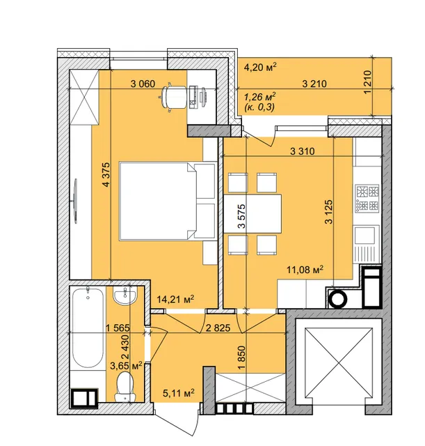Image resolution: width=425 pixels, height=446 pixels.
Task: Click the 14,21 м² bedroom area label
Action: click(x=176, y=299)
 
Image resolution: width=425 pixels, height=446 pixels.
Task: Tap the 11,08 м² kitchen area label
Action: click(x=305, y=269)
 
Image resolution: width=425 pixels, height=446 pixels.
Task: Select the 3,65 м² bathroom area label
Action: click(x=126, y=365)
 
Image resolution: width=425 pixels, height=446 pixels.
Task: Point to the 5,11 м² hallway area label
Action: click(x=179, y=393)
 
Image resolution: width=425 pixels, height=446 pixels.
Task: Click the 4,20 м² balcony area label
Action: click(x=260, y=68)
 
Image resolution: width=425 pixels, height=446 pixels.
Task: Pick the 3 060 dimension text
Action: click(x=143, y=84)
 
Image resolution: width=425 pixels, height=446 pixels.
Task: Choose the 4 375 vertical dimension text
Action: click(x=106, y=174)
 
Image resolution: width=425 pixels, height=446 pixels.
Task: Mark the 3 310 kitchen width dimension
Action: click(x=303, y=151)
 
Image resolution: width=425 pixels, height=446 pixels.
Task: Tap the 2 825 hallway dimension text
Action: click(x=218, y=328)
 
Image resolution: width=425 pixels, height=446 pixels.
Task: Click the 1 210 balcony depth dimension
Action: click(x=367, y=82)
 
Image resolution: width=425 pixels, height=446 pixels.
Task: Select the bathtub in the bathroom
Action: click(x=88, y=328)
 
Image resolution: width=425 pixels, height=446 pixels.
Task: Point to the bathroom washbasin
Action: click(x=125, y=295)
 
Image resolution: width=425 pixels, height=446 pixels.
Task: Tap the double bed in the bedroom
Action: click(x=167, y=201)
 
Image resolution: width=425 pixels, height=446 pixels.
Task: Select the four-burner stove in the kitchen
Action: click(x=367, y=199)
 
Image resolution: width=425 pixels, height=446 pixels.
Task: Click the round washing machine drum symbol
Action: click(x=338, y=299)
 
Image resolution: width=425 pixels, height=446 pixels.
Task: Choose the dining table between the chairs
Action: click(x=252, y=214)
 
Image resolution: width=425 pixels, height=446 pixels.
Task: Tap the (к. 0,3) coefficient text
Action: click(x=259, y=107)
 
